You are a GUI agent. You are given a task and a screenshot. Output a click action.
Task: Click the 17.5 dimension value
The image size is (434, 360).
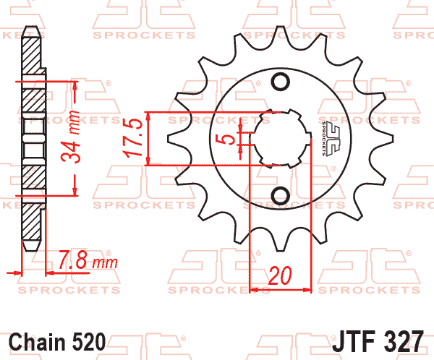click(x=133, y=138)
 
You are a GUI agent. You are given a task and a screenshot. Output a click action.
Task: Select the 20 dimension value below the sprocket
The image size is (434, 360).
click(x=280, y=275)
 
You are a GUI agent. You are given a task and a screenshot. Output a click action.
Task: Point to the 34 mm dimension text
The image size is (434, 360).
click(x=70, y=136)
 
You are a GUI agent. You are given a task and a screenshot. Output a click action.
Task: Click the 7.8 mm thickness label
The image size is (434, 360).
click(x=88, y=260)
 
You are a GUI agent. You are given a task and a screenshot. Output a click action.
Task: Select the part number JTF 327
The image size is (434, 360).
click(x=378, y=341)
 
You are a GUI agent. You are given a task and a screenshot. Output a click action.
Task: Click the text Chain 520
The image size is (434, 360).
click(x=57, y=342)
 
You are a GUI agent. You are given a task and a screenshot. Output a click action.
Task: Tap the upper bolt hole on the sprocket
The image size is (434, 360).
click(x=281, y=82)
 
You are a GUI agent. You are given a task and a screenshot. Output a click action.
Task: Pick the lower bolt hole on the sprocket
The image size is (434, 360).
click(x=281, y=195)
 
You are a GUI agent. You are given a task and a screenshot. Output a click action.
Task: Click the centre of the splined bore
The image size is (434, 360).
click(x=281, y=138)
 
